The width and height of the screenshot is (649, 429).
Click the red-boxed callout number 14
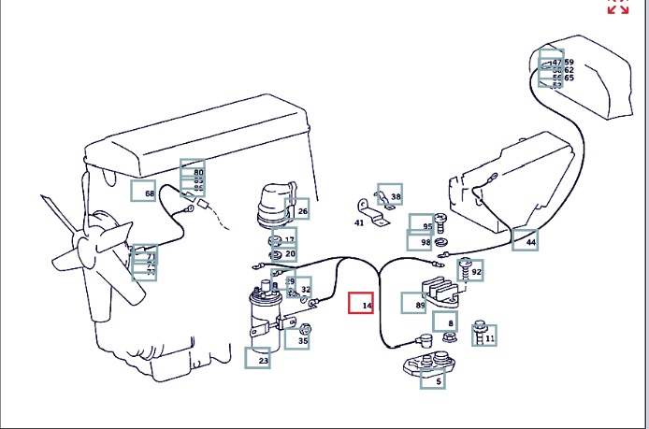coord(362,305)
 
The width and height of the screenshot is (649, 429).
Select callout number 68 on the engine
coord(144,193)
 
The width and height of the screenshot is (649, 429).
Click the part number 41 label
coord(359,222)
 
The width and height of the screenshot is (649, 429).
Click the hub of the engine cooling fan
coord(96,247)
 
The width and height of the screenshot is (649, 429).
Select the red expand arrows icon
coord(617,6)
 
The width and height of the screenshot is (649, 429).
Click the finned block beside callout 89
coord(446,289)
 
